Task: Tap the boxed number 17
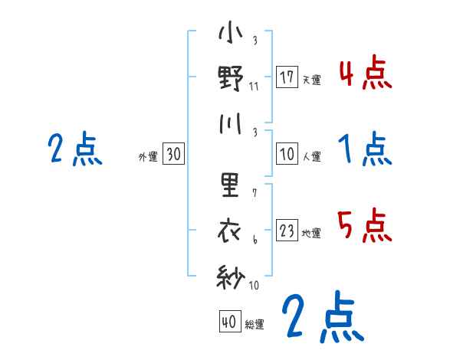click(287, 77)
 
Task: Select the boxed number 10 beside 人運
click(287, 154)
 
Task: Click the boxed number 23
click(287, 231)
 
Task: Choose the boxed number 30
click(173, 154)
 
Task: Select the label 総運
click(255, 325)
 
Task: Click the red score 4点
click(365, 74)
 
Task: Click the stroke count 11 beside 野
click(254, 86)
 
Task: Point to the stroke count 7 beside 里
click(254, 192)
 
